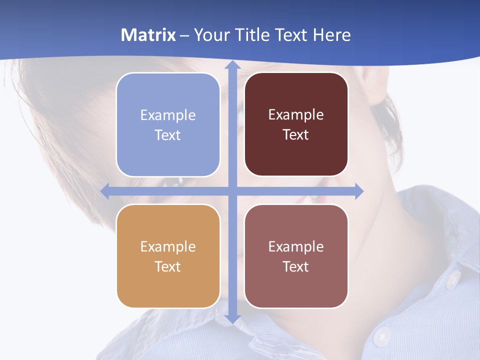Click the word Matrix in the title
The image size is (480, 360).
(148, 35)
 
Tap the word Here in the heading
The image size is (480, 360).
(331, 35)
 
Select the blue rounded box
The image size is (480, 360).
(168, 125)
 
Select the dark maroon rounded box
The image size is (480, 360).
(296, 124)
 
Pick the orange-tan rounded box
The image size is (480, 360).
(168, 256)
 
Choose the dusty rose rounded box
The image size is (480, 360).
(296, 256)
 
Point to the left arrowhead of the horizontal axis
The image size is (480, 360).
(105, 191)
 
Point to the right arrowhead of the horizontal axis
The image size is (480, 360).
(358, 191)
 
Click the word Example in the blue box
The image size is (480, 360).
(168, 115)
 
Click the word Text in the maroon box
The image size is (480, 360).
(295, 135)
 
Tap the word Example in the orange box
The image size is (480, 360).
(168, 246)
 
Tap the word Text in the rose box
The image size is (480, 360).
(295, 266)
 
